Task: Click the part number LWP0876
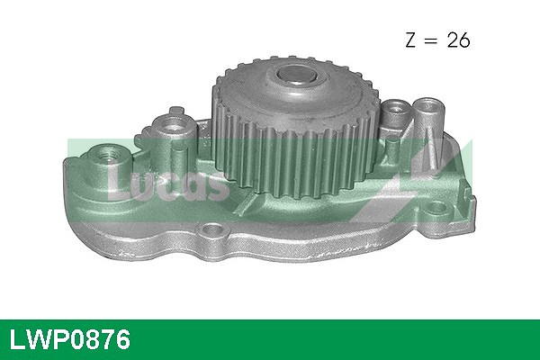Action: [x=70, y=339]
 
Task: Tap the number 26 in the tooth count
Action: [x=458, y=40]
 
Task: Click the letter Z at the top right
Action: [x=411, y=40]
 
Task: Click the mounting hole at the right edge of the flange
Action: [x=436, y=207]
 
